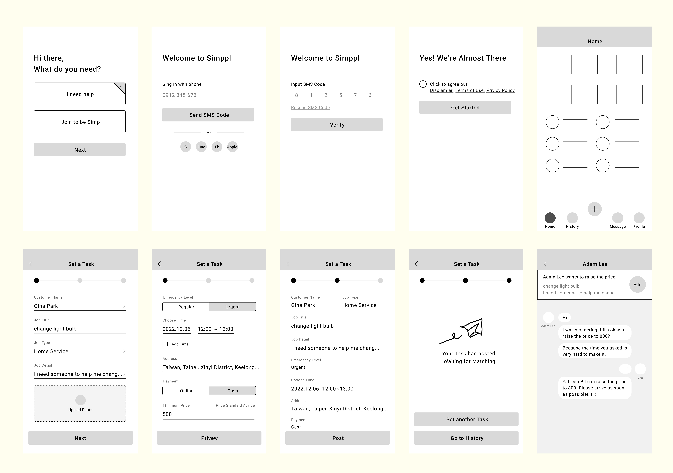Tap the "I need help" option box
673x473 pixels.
pyautogui.click(x=79, y=94)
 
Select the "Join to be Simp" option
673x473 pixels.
pyautogui.click(x=79, y=122)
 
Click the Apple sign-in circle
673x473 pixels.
pyautogui.click(x=232, y=147)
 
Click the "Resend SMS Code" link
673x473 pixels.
pyautogui.click(x=310, y=108)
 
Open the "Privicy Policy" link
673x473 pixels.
pyautogui.click(x=500, y=90)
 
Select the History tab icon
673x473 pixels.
pyautogui.click(x=572, y=218)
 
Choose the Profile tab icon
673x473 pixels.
pyautogui.click(x=639, y=218)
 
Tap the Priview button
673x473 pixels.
pyautogui.click(x=209, y=438)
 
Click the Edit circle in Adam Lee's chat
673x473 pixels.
pyautogui.click(x=638, y=284)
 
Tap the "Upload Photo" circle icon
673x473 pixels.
pyautogui.click(x=80, y=400)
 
